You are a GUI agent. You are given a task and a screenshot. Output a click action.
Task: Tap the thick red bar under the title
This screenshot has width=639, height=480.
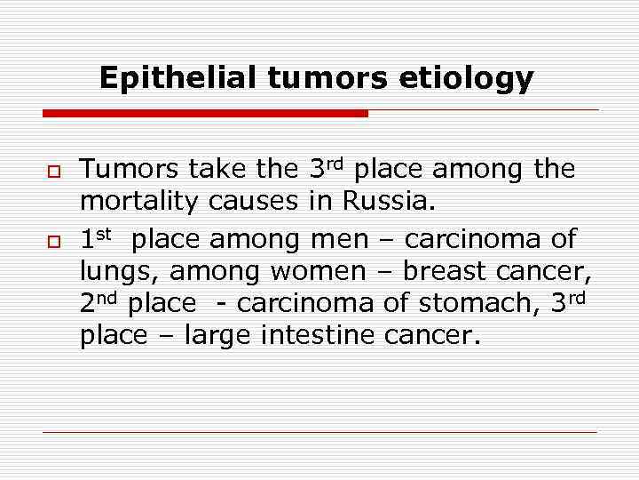coord(205,114)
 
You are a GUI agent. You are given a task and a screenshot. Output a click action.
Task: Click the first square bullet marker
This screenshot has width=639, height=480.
coord(51,169)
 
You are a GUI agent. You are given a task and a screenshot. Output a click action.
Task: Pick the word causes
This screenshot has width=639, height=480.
coord(254,204)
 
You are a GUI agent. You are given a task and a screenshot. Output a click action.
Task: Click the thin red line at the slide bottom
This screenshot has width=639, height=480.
coord(319,433)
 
